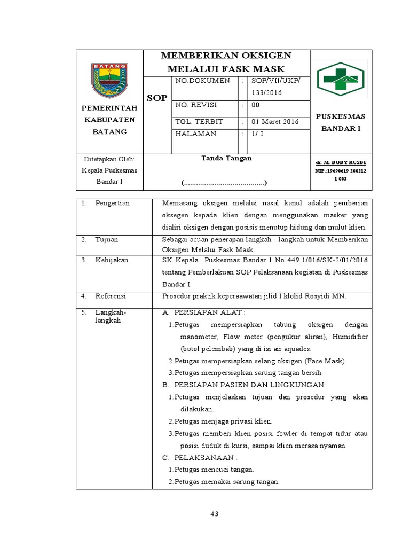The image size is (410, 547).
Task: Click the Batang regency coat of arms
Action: [110, 81]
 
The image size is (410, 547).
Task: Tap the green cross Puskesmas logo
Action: [340, 80]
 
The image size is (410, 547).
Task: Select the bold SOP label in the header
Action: [157, 98]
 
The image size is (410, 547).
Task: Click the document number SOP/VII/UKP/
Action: [276, 81]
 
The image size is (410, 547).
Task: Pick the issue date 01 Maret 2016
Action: [275, 122]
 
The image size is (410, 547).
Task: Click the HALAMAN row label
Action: [196, 134]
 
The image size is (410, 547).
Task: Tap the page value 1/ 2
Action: [258, 134]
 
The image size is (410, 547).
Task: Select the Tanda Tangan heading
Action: [226, 158]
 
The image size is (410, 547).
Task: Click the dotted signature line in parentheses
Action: [224, 183]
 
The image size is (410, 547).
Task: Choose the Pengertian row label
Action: [113, 203]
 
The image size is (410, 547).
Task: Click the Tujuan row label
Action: [107, 240]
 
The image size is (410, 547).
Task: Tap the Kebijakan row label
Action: [112, 260]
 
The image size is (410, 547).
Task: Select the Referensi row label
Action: [111, 295]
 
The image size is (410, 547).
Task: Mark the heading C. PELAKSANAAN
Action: [199, 458]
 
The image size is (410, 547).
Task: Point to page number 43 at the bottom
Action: [215, 514]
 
